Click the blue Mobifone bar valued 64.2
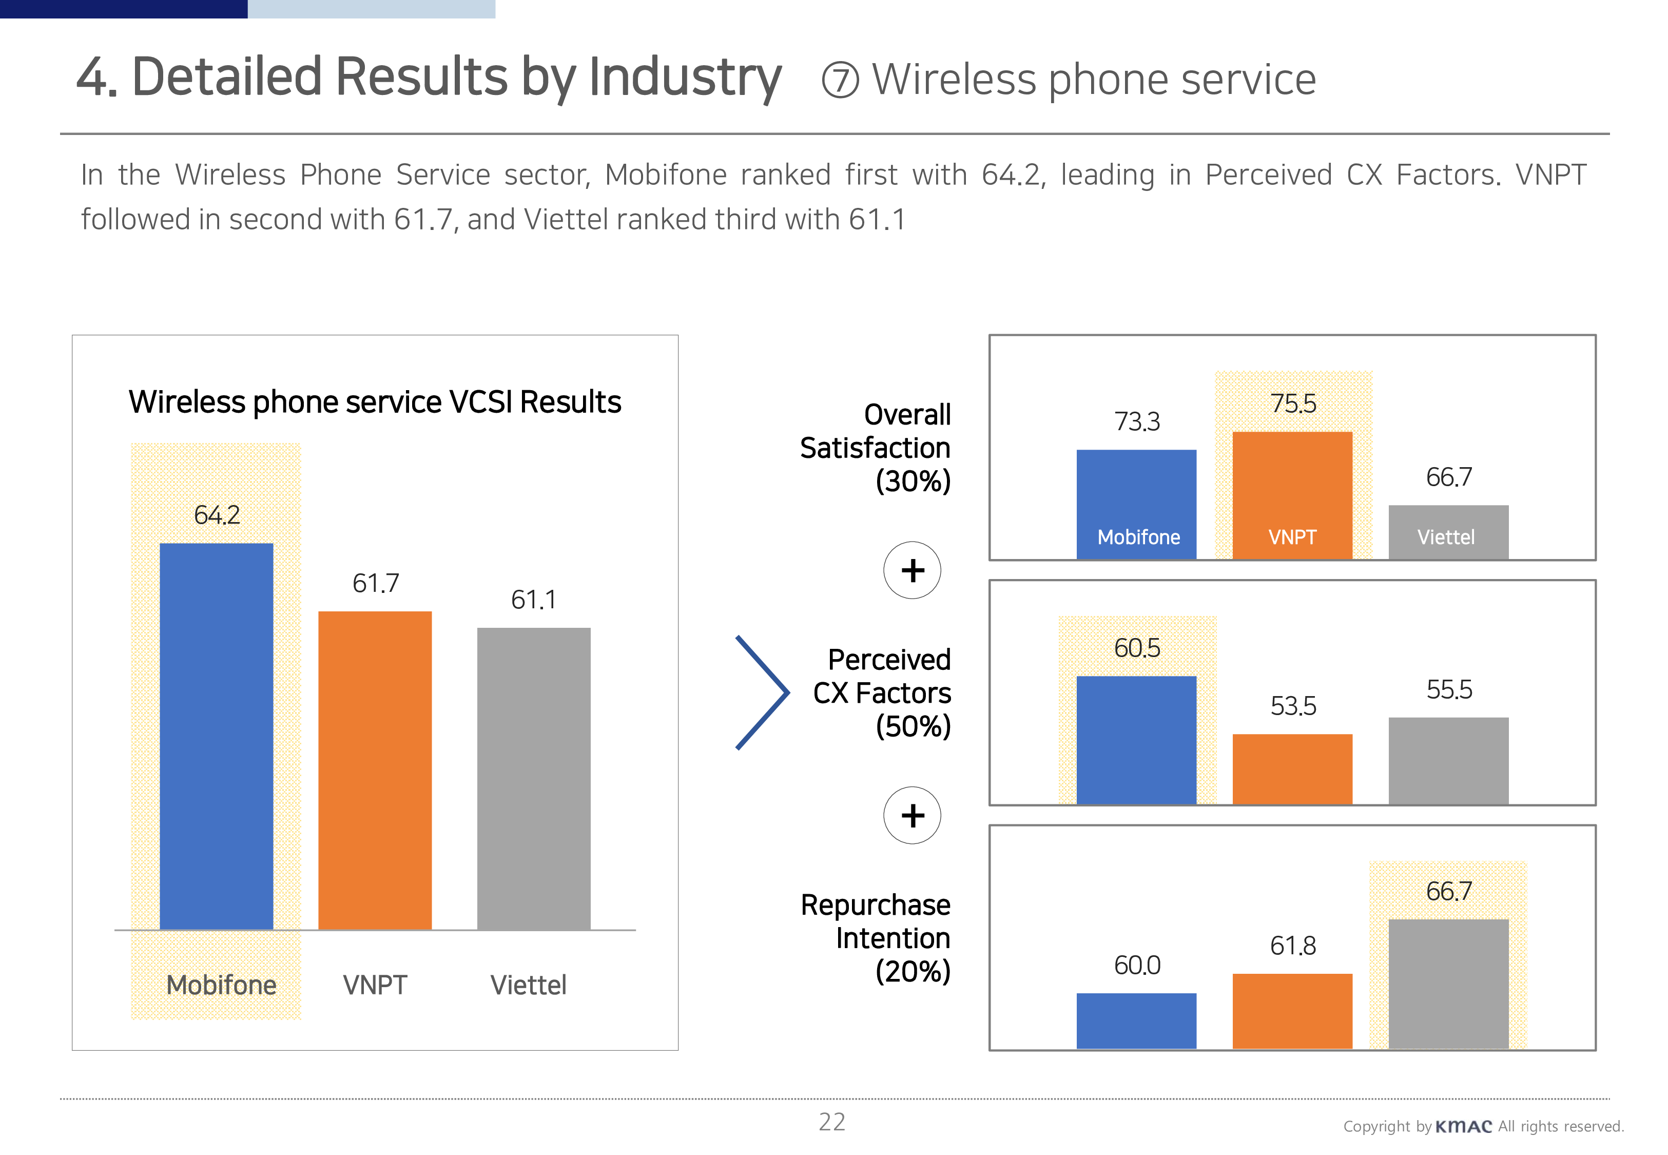tap(216, 736)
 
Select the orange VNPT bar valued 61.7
tap(375, 770)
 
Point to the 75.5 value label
tap(1293, 404)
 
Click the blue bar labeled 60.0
tap(1136, 1021)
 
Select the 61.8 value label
tap(1293, 946)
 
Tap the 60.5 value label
tap(1137, 648)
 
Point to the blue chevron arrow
tap(763, 692)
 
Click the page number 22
tap(832, 1122)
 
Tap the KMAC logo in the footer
tap(1463, 1126)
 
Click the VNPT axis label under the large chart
tap(375, 985)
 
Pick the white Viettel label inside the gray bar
tap(1446, 537)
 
